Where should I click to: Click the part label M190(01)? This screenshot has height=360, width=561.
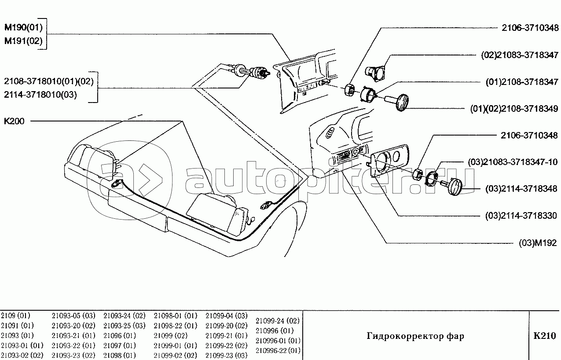click(24, 27)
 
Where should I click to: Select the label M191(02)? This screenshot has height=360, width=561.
click(24, 41)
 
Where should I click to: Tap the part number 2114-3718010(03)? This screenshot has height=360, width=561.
click(40, 95)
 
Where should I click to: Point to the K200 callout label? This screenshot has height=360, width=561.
click(14, 121)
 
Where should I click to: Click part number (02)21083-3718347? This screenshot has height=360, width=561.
click(520, 55)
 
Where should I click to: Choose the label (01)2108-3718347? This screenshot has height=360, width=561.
click(522, 82)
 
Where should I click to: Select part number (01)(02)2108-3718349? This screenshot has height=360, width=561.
click(514, 109)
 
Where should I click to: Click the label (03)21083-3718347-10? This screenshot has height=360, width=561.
click(513, 162)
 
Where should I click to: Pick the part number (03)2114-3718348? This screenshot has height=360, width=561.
click(521, 189)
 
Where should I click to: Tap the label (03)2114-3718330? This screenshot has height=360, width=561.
click(521, 216)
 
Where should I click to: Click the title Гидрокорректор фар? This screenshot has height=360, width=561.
click(415, 336)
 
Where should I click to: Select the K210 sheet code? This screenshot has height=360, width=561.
click(545, 336)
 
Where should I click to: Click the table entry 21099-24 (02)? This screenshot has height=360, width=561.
click(278, 321)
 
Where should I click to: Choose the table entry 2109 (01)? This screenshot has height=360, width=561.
click(15, 316)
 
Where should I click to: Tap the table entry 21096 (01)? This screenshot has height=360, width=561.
click(120, 335)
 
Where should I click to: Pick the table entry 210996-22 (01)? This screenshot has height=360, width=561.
click(278, 350)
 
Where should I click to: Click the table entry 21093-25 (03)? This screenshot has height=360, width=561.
click(125, 325)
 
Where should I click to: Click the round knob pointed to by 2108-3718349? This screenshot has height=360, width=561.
click(402, 103)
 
